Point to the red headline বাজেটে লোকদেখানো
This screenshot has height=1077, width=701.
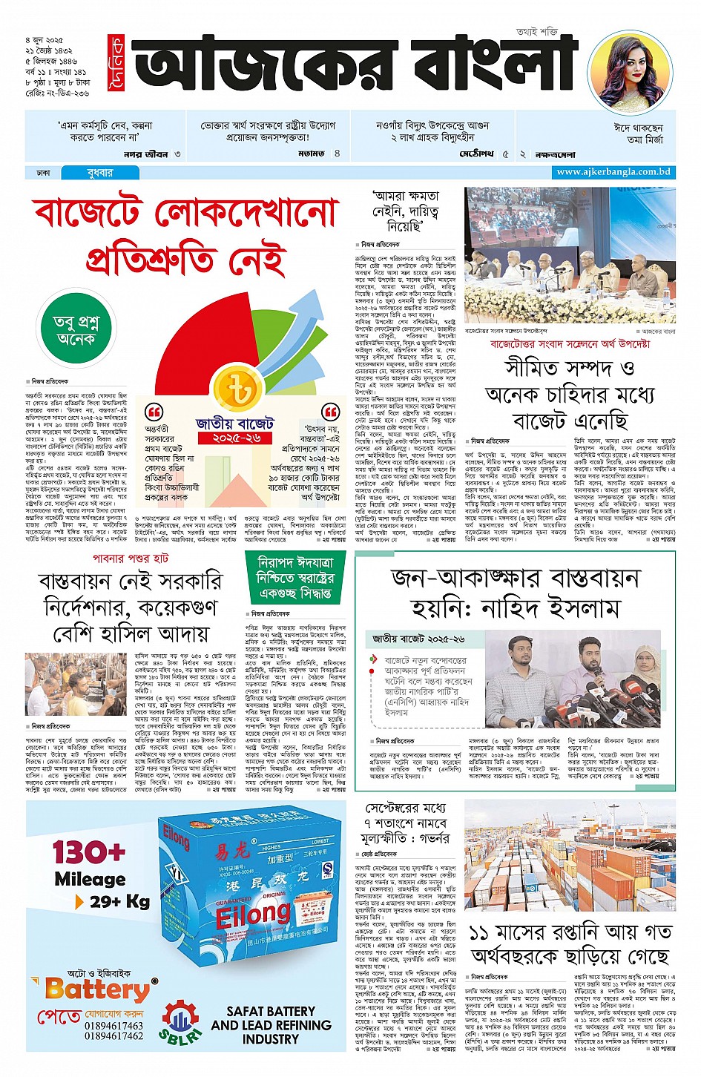click(x=185, y=214)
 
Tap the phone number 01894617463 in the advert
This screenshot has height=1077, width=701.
click(x=113, y=1026)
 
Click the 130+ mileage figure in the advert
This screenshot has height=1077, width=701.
click(x=89, y=852)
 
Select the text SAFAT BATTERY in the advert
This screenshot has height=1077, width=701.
click(x=271, y=1011)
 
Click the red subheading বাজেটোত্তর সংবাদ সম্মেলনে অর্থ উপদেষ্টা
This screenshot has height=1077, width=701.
click(x=570, y=344)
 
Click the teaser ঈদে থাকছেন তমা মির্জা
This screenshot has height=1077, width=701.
click(x=639, y=134)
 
